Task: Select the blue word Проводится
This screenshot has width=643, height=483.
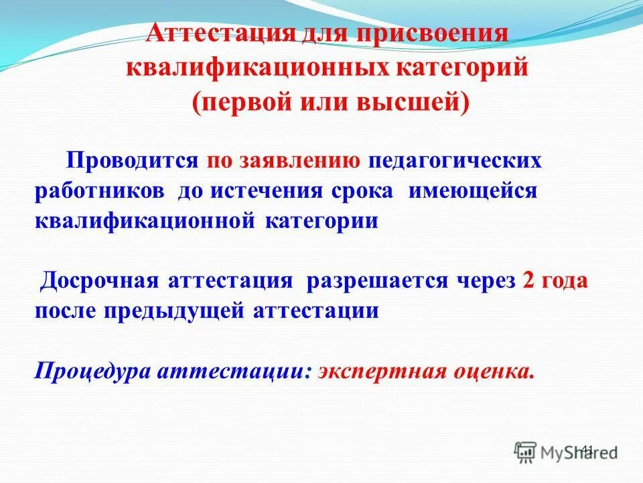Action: (x=131, y=160)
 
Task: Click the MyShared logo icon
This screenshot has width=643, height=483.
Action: (x=526, y=450)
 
